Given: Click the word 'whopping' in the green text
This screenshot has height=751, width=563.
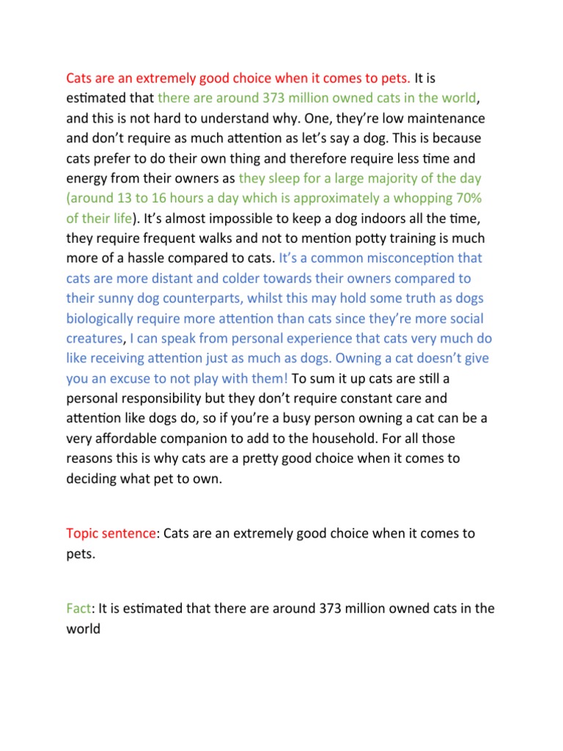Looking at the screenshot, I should (421, 198).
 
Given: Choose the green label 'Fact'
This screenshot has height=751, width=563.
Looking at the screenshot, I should (78, 608).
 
